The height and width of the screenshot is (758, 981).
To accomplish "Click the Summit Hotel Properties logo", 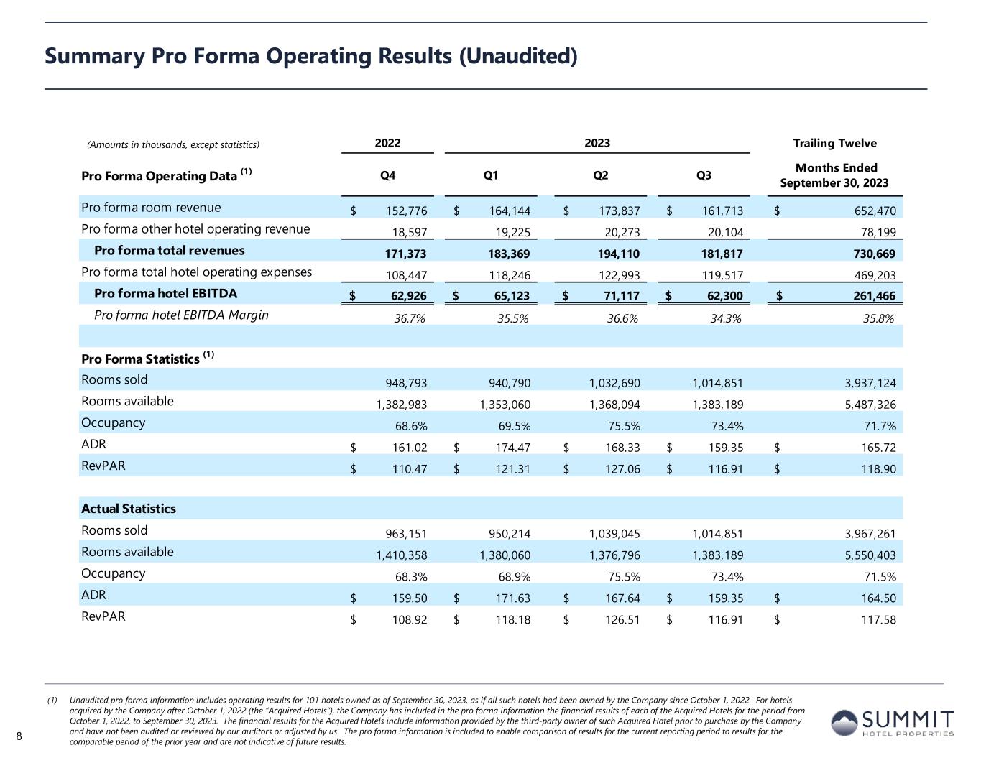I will [x=892, y=722].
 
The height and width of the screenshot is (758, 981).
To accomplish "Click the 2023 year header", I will [x=597, y=143].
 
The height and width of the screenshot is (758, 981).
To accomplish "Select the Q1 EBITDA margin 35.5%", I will [x=513, y=318].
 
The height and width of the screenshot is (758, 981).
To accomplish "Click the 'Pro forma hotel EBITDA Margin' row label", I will [x=181, y=315].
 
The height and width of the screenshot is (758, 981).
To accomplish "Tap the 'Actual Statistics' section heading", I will [x=129, y=509].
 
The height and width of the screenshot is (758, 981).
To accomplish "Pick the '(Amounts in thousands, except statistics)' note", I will [x=173, y=144].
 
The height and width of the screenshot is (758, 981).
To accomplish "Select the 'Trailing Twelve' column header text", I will [x=834, y=143].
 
